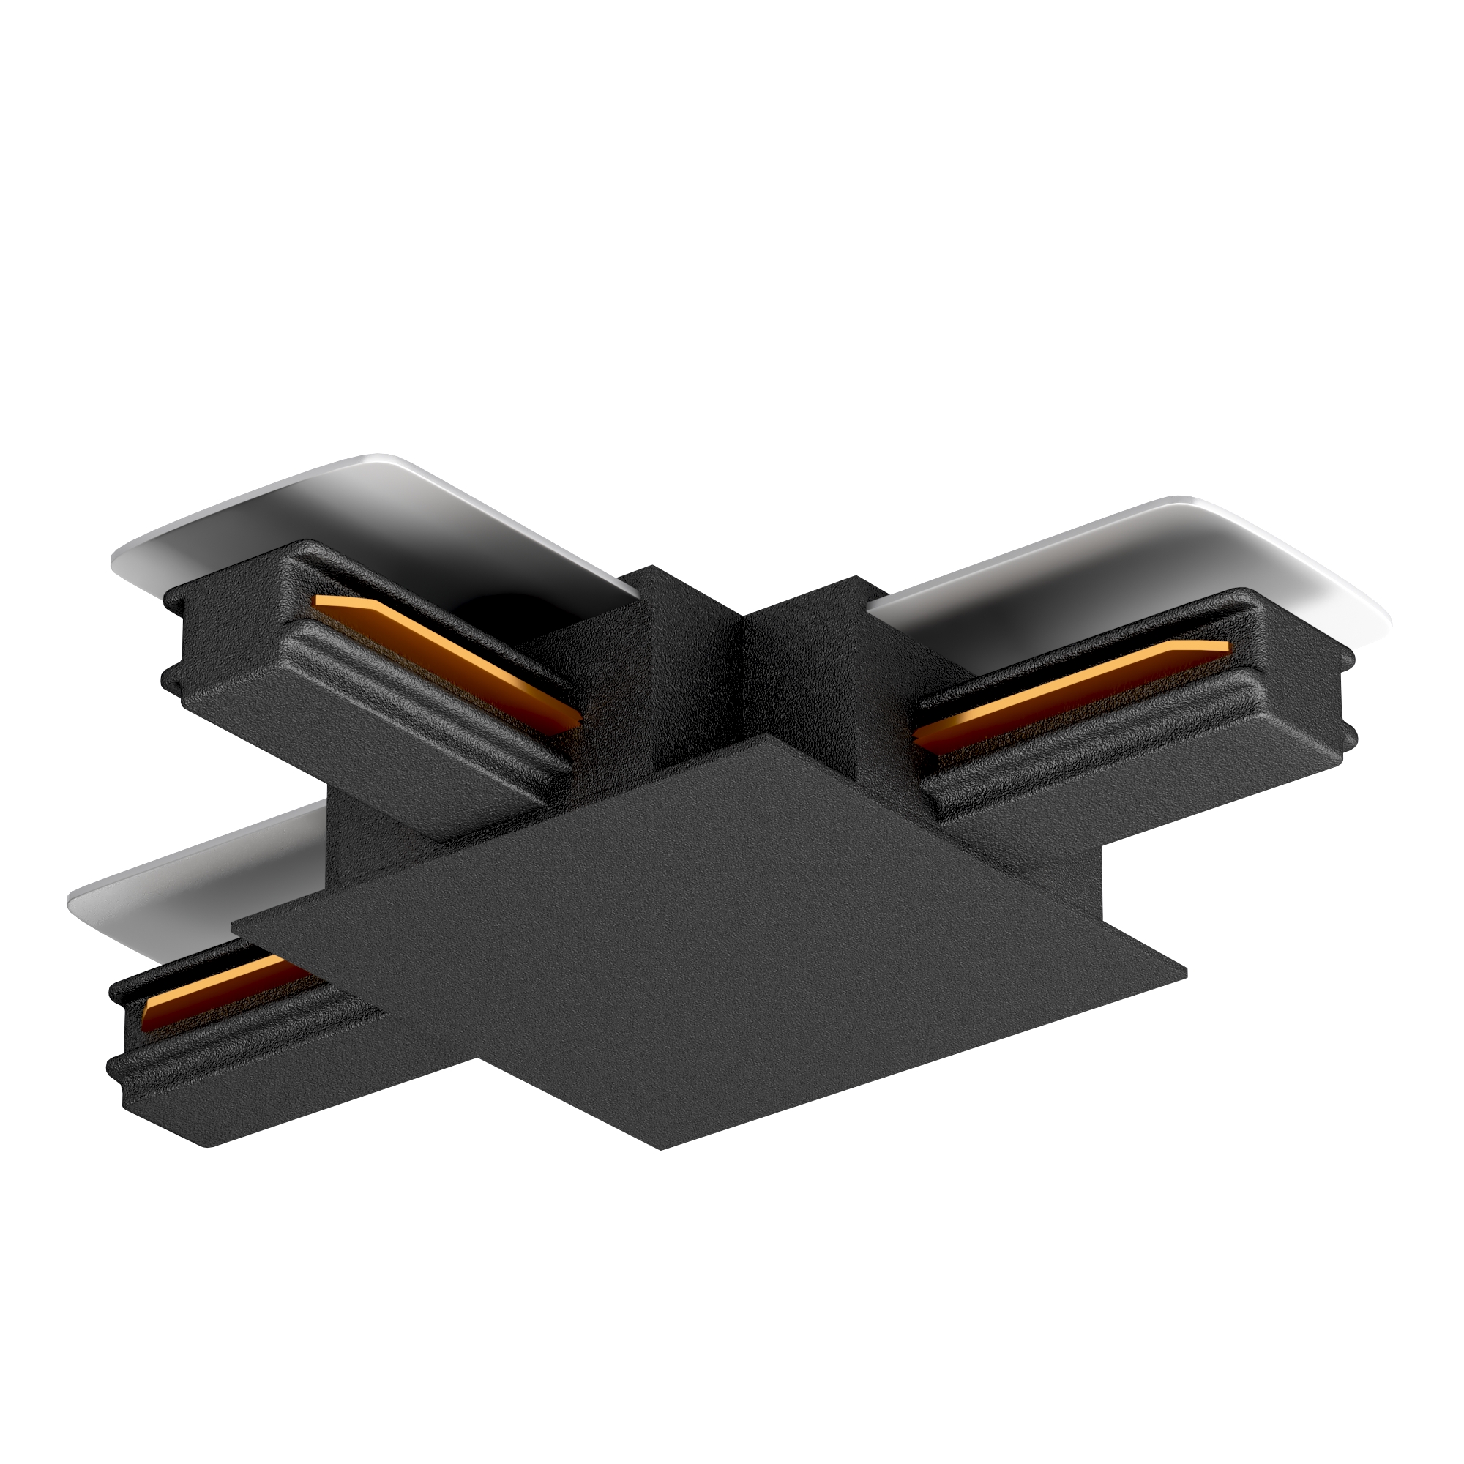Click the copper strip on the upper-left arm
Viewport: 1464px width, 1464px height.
[x=447, y=660]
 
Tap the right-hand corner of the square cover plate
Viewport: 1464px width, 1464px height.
[x=1186, y=971]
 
